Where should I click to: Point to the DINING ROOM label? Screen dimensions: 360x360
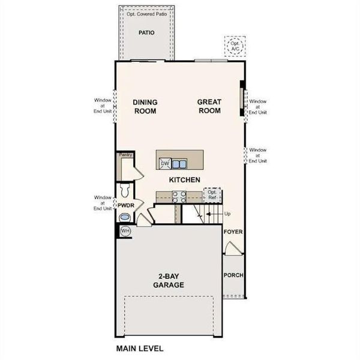point(145,107)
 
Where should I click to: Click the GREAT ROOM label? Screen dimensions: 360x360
point(209,107)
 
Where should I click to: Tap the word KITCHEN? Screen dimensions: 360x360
point(184,180)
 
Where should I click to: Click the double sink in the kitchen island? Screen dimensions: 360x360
point(178,163)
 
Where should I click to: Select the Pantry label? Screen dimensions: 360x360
point(125,155)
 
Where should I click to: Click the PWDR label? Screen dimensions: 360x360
point(125,206)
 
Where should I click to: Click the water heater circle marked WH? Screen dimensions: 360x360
point(125,231)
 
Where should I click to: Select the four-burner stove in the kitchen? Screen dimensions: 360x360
point(179,194)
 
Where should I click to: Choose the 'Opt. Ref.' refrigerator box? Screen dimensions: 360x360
point(212,194)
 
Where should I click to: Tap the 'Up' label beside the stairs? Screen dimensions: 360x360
point(227,214)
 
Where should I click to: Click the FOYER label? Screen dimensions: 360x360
point(233,232)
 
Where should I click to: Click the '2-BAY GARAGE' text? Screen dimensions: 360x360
point(169,281)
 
